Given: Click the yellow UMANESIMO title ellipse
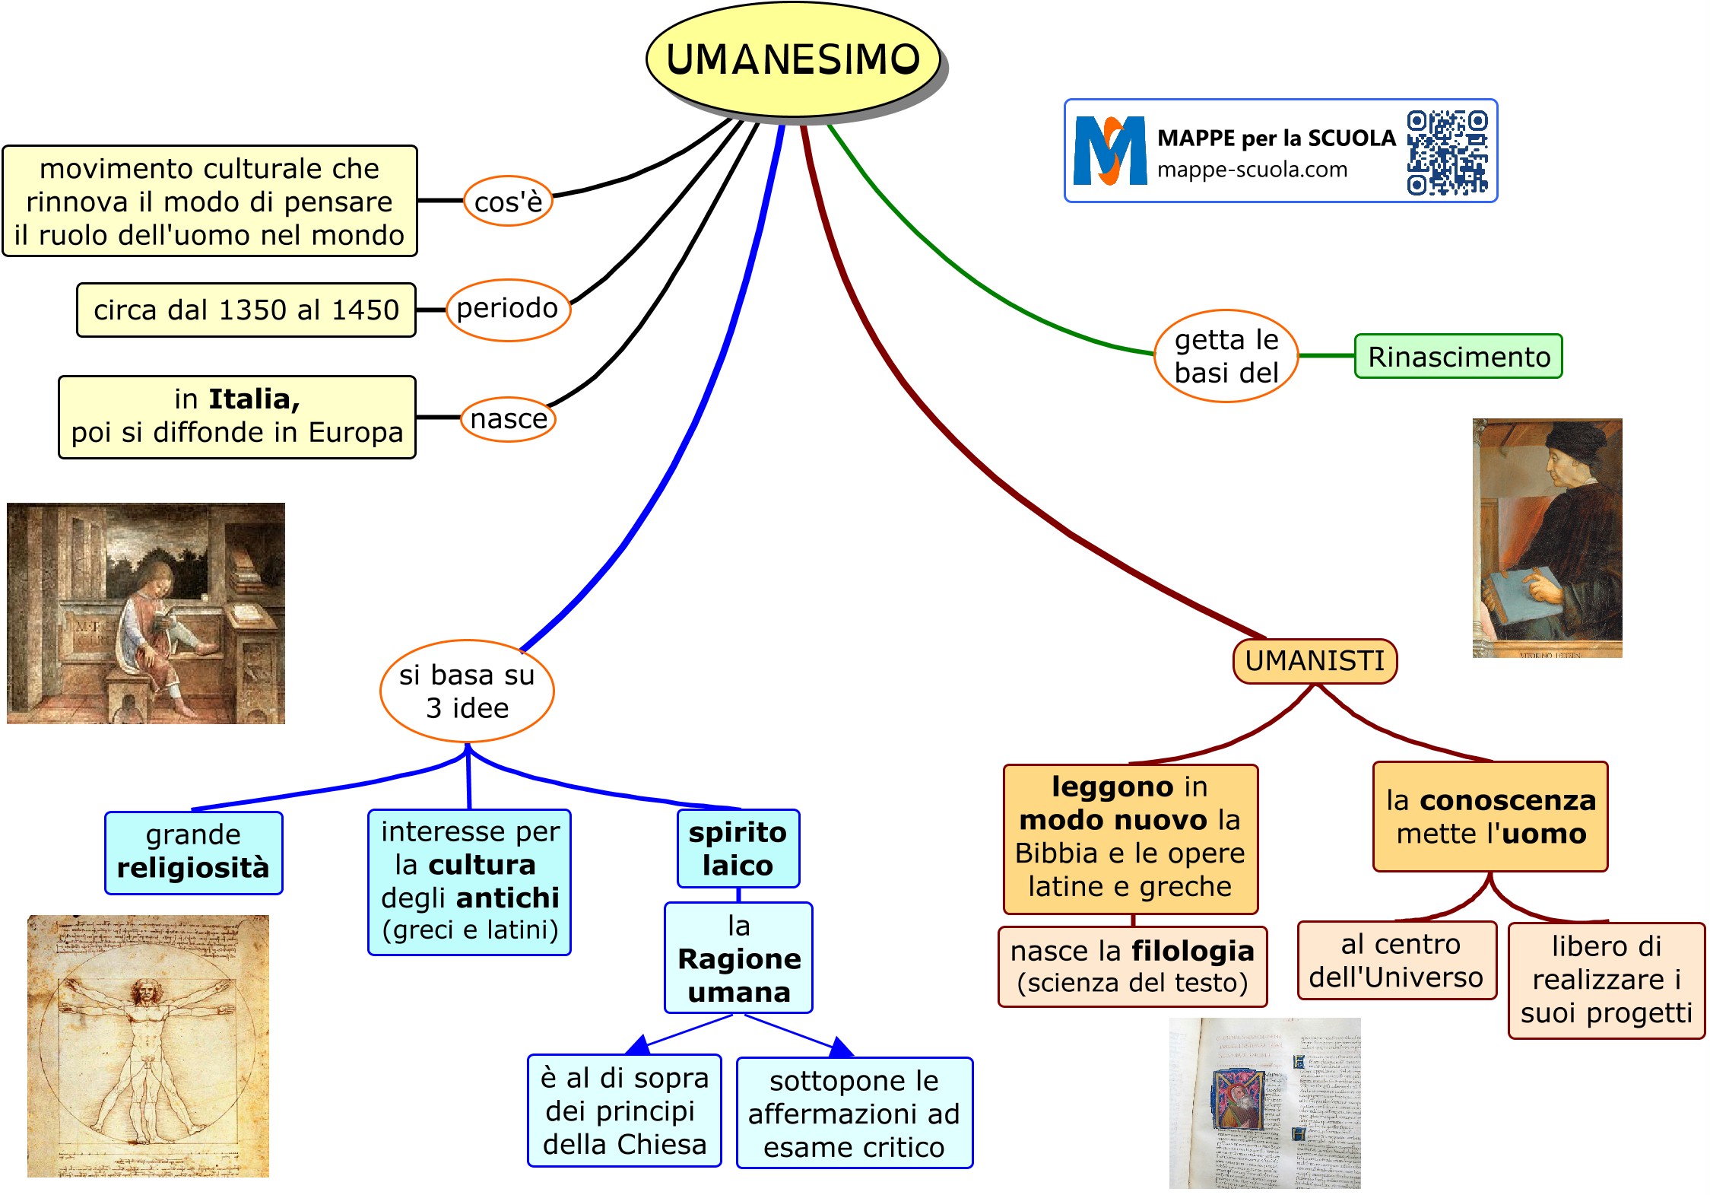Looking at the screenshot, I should [x=792, y=59].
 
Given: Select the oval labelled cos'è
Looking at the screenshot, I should [x=508, y=202].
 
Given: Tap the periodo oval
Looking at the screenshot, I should [x=507, y=309].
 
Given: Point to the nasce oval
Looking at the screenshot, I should [x=509, y=418].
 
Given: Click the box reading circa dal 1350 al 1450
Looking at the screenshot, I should [x=246, y=310].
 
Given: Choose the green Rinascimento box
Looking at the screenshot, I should [x=1458, y=356].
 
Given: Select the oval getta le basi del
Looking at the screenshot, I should [x=1226, y=356].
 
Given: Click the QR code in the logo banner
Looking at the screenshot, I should [x=1447, y=152].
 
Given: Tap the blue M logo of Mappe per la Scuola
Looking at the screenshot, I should [x=1109, y=151].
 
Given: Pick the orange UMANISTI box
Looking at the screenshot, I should [x=1315, y=661].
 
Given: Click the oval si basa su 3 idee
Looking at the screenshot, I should [x=467, y=691].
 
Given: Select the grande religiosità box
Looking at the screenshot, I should [x=193, y=852].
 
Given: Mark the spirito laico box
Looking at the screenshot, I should [x=738, y=848].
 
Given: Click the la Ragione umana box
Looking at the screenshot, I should [x=738, y=958].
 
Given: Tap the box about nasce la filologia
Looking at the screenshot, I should [x=1132, y=966].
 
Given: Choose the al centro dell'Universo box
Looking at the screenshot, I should [x=1396, y=960].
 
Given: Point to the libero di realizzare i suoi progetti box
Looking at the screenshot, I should [x=1606, y=980].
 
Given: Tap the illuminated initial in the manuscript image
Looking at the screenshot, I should [x=1238, y=1099].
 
